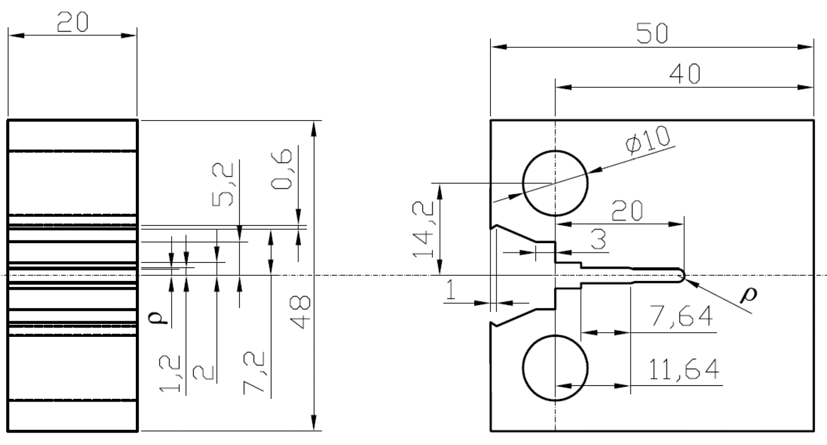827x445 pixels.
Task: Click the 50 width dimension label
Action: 652,33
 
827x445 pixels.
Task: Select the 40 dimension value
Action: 684,74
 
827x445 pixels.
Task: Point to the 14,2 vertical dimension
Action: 423,229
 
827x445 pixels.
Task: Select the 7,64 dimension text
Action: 681,316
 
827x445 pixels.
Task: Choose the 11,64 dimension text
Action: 683,370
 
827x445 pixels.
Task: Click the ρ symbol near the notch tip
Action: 748,295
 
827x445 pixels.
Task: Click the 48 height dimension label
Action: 300,312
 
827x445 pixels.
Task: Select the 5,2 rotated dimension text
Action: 222,185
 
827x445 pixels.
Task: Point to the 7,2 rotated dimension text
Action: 254,373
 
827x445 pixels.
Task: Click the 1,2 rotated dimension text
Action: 169,374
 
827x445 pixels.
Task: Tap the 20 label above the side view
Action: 72,22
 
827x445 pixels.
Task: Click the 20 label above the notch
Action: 627,211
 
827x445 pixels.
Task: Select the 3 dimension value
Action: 598,240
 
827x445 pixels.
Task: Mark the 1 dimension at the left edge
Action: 450,290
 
